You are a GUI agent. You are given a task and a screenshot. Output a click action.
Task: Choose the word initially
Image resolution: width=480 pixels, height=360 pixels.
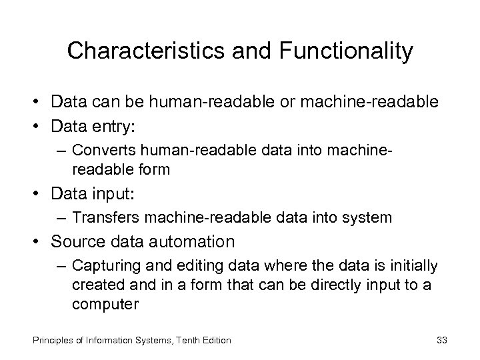click(413, 267)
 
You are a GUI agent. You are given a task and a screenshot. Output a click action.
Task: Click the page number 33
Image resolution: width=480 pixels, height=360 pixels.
click(441, 340)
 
